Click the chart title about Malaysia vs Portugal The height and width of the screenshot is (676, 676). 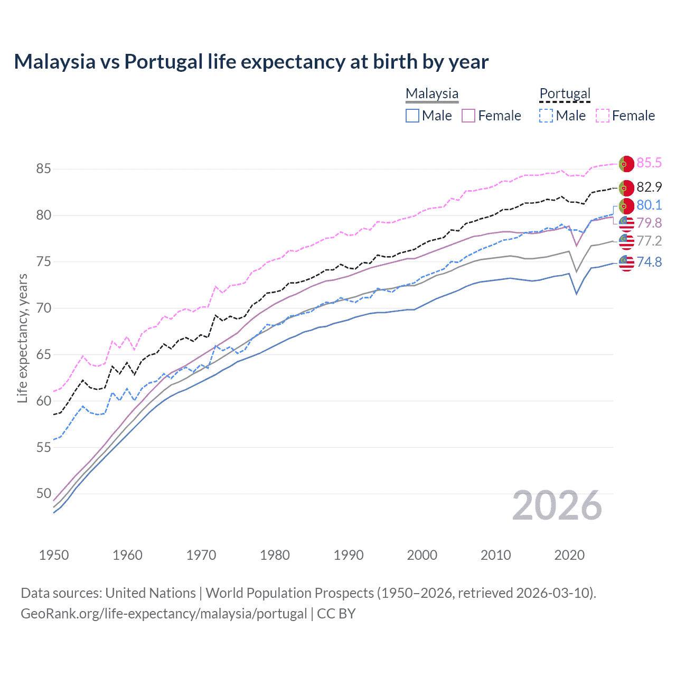251,62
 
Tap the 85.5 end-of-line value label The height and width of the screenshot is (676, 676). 649,163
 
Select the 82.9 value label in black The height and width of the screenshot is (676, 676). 649,187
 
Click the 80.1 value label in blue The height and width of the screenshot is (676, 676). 649,205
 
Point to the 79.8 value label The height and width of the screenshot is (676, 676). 649,223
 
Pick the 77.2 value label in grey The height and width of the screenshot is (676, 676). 649,241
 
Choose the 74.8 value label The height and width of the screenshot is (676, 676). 649,262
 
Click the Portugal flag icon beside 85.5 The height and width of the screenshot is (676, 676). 626,164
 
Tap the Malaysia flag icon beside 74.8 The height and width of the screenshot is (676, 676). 626,262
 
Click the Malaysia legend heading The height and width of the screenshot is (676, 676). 432,93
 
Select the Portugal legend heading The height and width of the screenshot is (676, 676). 565,93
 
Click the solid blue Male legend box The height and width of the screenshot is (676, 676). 412,116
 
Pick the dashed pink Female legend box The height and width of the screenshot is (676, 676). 603,116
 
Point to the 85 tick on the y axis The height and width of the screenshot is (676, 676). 43,169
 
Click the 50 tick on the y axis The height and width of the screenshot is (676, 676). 43,494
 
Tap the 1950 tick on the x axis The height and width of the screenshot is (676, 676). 54,555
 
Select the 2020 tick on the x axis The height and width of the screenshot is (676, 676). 569,555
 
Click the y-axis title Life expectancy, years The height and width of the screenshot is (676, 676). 22,338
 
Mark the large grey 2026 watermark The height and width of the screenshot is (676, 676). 557,505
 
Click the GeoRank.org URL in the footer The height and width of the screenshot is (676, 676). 164,614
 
